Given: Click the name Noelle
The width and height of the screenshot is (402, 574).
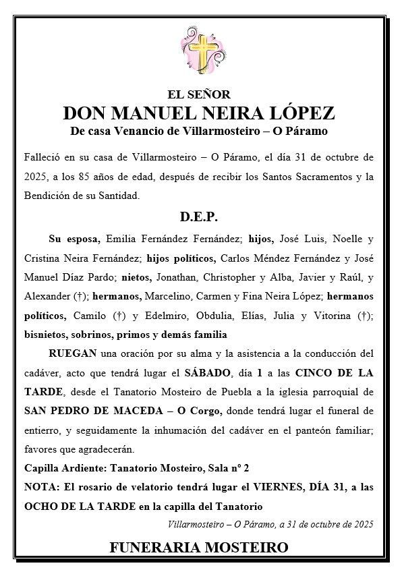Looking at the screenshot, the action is (x=335, y=239).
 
